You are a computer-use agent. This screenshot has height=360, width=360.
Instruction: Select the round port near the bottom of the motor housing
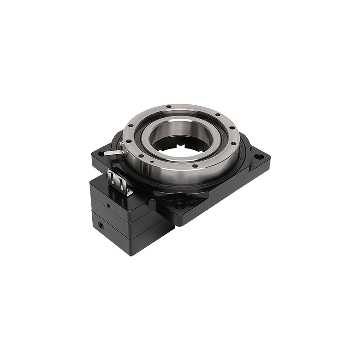[x=99, y=224]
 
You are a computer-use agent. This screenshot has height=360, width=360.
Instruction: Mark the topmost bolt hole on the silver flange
[x=168, y=107]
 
